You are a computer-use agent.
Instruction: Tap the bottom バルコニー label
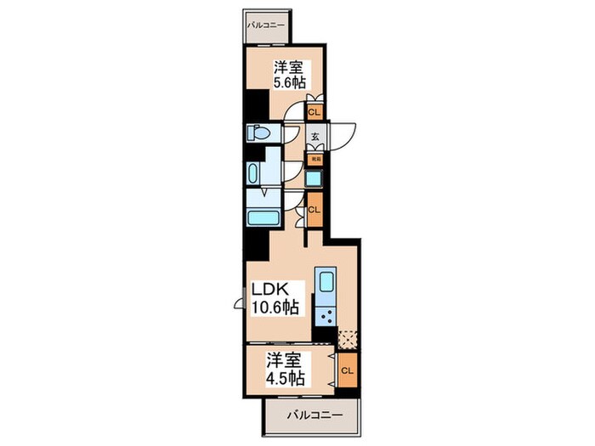pyautogui.click(x=314, y=415)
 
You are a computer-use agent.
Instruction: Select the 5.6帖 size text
pyautogui.click(x=287, y=84)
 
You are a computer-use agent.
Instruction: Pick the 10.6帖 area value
pyautogui.click(x=272, y=308)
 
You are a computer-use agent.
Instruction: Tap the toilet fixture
pyautogui.click(x=258, y=133)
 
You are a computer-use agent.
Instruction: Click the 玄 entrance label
pyautogui.click(x=314, y=136)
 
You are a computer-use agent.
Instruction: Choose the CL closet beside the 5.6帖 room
pyautogui.click(x=314, y=111)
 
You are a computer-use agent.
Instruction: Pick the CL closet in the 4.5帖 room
pyautogui.click(x=347, y=370)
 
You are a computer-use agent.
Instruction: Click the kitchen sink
pyautogui.click(x=326, y=281)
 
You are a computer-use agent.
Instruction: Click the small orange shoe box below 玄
pyautogui.click(x=314, y=158)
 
